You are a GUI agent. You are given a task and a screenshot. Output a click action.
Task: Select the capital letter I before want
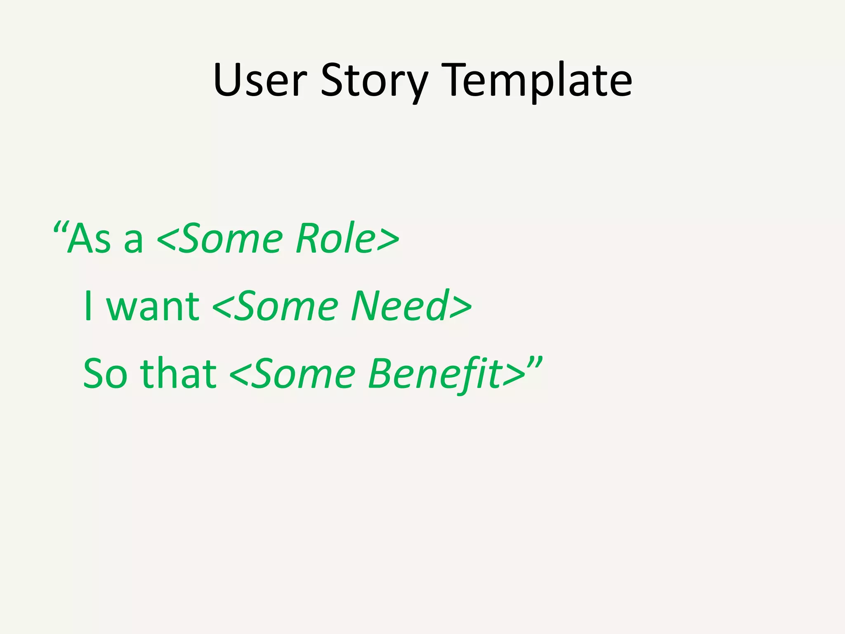87,306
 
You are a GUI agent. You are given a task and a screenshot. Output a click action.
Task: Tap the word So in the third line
105,374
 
